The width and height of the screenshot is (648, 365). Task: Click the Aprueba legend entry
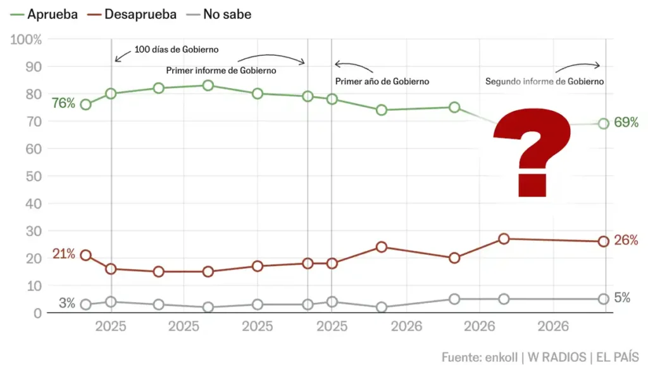click(44, 15)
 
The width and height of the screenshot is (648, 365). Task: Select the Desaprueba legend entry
click(132, 15)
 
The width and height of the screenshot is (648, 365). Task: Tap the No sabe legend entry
click(218, 15)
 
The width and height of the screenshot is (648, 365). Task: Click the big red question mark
click(532, 153)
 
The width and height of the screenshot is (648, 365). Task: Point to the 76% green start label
click(63, 103)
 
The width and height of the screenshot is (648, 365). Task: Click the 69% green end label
click(626, 122)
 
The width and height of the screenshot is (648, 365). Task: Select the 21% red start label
click(64, 253)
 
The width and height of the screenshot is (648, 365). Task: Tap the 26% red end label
click(626, 240)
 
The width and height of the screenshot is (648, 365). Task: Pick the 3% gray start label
click(67, 303)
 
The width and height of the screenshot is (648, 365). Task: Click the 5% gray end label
click(622, 298)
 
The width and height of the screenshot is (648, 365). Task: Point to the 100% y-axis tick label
click(26, 40)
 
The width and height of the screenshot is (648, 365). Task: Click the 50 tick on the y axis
click(34, 176)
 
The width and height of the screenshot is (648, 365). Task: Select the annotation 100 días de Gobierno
click(177, 49)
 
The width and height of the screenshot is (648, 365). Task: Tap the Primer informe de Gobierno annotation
click(221, 71)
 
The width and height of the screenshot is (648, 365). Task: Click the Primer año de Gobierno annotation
click(382, 82)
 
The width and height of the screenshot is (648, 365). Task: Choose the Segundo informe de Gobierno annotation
click(545, 82)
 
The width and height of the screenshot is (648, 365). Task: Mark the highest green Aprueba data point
click(208, 86)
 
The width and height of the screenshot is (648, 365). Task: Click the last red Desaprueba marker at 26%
click(603, 241)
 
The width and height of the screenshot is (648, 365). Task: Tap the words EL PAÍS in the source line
click(618, 357)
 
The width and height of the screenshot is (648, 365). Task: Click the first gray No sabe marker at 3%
click(85, 305)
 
